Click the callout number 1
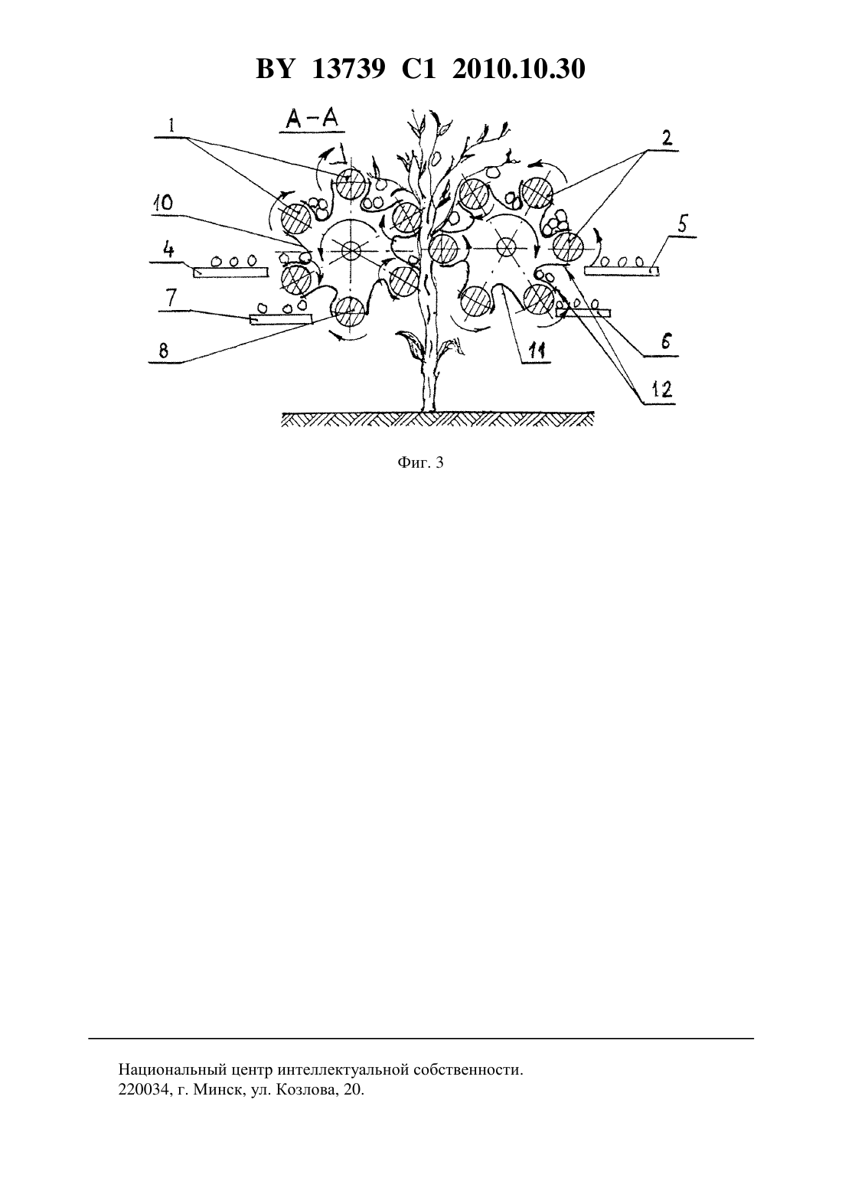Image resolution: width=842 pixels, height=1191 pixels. click(x=171, y=126)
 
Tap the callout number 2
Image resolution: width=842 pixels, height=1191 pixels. click(x=667, y=139)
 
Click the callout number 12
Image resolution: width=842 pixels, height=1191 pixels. click(x=662, y=390)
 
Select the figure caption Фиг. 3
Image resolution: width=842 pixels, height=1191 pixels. click(x=420, y=462)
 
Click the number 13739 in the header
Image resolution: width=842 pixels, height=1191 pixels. click(x=348, y=69)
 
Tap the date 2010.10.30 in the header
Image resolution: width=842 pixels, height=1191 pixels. click(x=519, y=69)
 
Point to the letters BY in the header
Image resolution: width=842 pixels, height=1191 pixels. click(x=274, y=69)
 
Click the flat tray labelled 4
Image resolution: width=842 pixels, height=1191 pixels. click(x=230, y=272)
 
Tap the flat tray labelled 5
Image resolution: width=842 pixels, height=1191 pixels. click(x=622, y=271)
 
